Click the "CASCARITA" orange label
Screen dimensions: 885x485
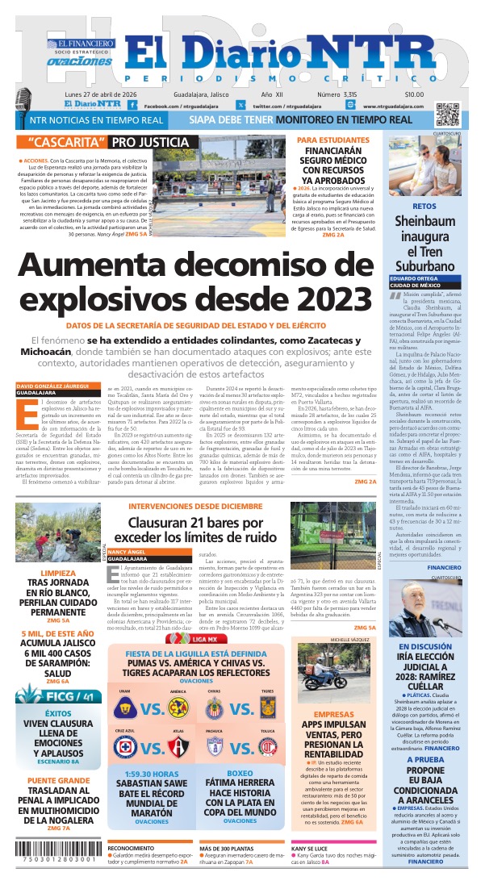64,142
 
